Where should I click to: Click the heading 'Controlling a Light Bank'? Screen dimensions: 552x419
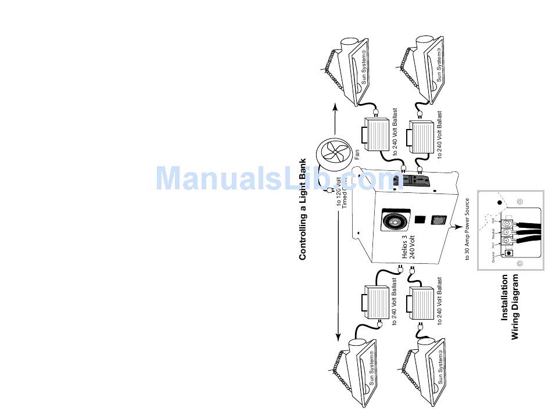pyautogui.click(x=302, y=209)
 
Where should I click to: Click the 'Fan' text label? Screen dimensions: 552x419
pyautogui.click(x=357, y=155)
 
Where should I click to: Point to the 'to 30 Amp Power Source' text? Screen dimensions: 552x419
pyautogui.click(x=467, y=230)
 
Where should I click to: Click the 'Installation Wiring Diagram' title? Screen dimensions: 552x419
pyautogui.click(x=510, y=307)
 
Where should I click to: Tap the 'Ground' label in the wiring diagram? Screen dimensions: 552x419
pyautogui.click(x=493, y=257)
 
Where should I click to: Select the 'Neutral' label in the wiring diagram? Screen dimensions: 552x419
pyautogui.click(x=493, y=235)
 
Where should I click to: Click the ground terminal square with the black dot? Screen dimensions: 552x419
pyautogui.click(x=510, y=253)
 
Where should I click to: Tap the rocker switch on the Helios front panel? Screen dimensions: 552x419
pyautogui.click(x=439, y=220)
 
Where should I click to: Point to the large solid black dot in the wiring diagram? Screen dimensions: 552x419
pyautogui.click(x=499, y=203)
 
